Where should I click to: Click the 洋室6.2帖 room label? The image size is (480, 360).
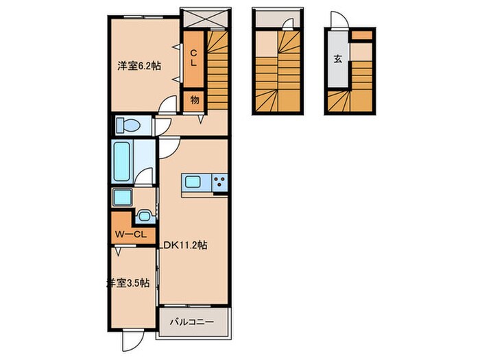[x=139, y=66]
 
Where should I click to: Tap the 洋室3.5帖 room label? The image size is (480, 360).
[x=128, y=283]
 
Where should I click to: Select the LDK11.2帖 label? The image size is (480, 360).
[x=183, y=245]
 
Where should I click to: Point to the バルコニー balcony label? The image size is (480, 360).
[x=192, y=322]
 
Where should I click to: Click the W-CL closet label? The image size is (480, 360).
[x=131, y=235]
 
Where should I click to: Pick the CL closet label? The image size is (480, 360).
[x=193, y=58]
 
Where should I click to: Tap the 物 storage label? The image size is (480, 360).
[x=194, y=100]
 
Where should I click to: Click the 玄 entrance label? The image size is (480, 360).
[x=337, y=59]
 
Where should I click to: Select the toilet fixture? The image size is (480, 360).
[x=128, y=125]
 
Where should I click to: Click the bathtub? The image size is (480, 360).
[x=122, y=162]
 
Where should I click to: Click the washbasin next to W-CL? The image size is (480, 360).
[x=143, y=216]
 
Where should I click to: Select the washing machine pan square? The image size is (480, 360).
[x=122, y=197]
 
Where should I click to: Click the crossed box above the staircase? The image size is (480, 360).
[x=205, y=18]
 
